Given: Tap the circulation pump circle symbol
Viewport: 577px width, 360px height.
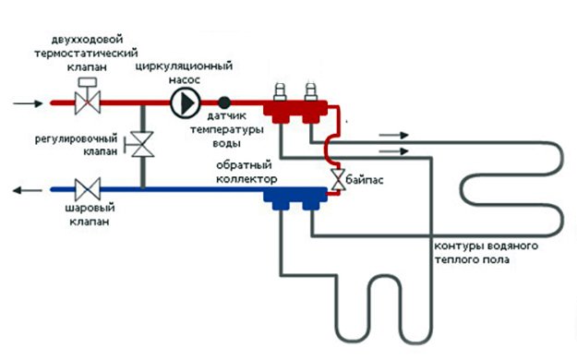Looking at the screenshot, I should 186,102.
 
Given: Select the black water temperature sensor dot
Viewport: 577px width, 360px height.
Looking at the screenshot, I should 223,102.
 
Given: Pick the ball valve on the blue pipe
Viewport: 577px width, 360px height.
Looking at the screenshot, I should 88,191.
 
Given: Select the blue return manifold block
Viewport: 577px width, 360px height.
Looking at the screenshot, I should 295,195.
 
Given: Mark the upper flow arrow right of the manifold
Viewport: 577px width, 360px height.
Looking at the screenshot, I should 391,135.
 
